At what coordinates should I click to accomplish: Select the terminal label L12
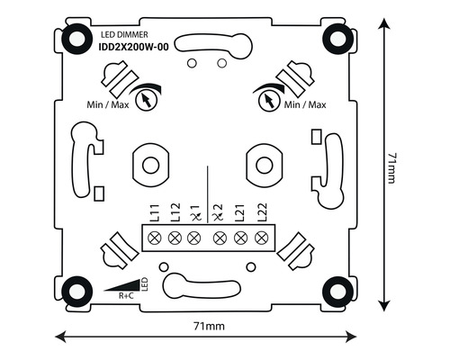pos(173,214)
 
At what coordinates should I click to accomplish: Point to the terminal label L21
pos(240,214)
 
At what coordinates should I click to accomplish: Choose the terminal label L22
pos(262,214)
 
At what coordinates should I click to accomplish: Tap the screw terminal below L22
pos(262,238)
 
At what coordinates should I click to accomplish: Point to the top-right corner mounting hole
pos(340,37)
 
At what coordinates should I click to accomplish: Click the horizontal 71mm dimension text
pos(206,322)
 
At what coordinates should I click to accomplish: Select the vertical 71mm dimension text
pos(391,168)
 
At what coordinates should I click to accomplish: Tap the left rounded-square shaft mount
pos(150,165)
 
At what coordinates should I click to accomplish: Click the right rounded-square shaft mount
pos(262,165)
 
